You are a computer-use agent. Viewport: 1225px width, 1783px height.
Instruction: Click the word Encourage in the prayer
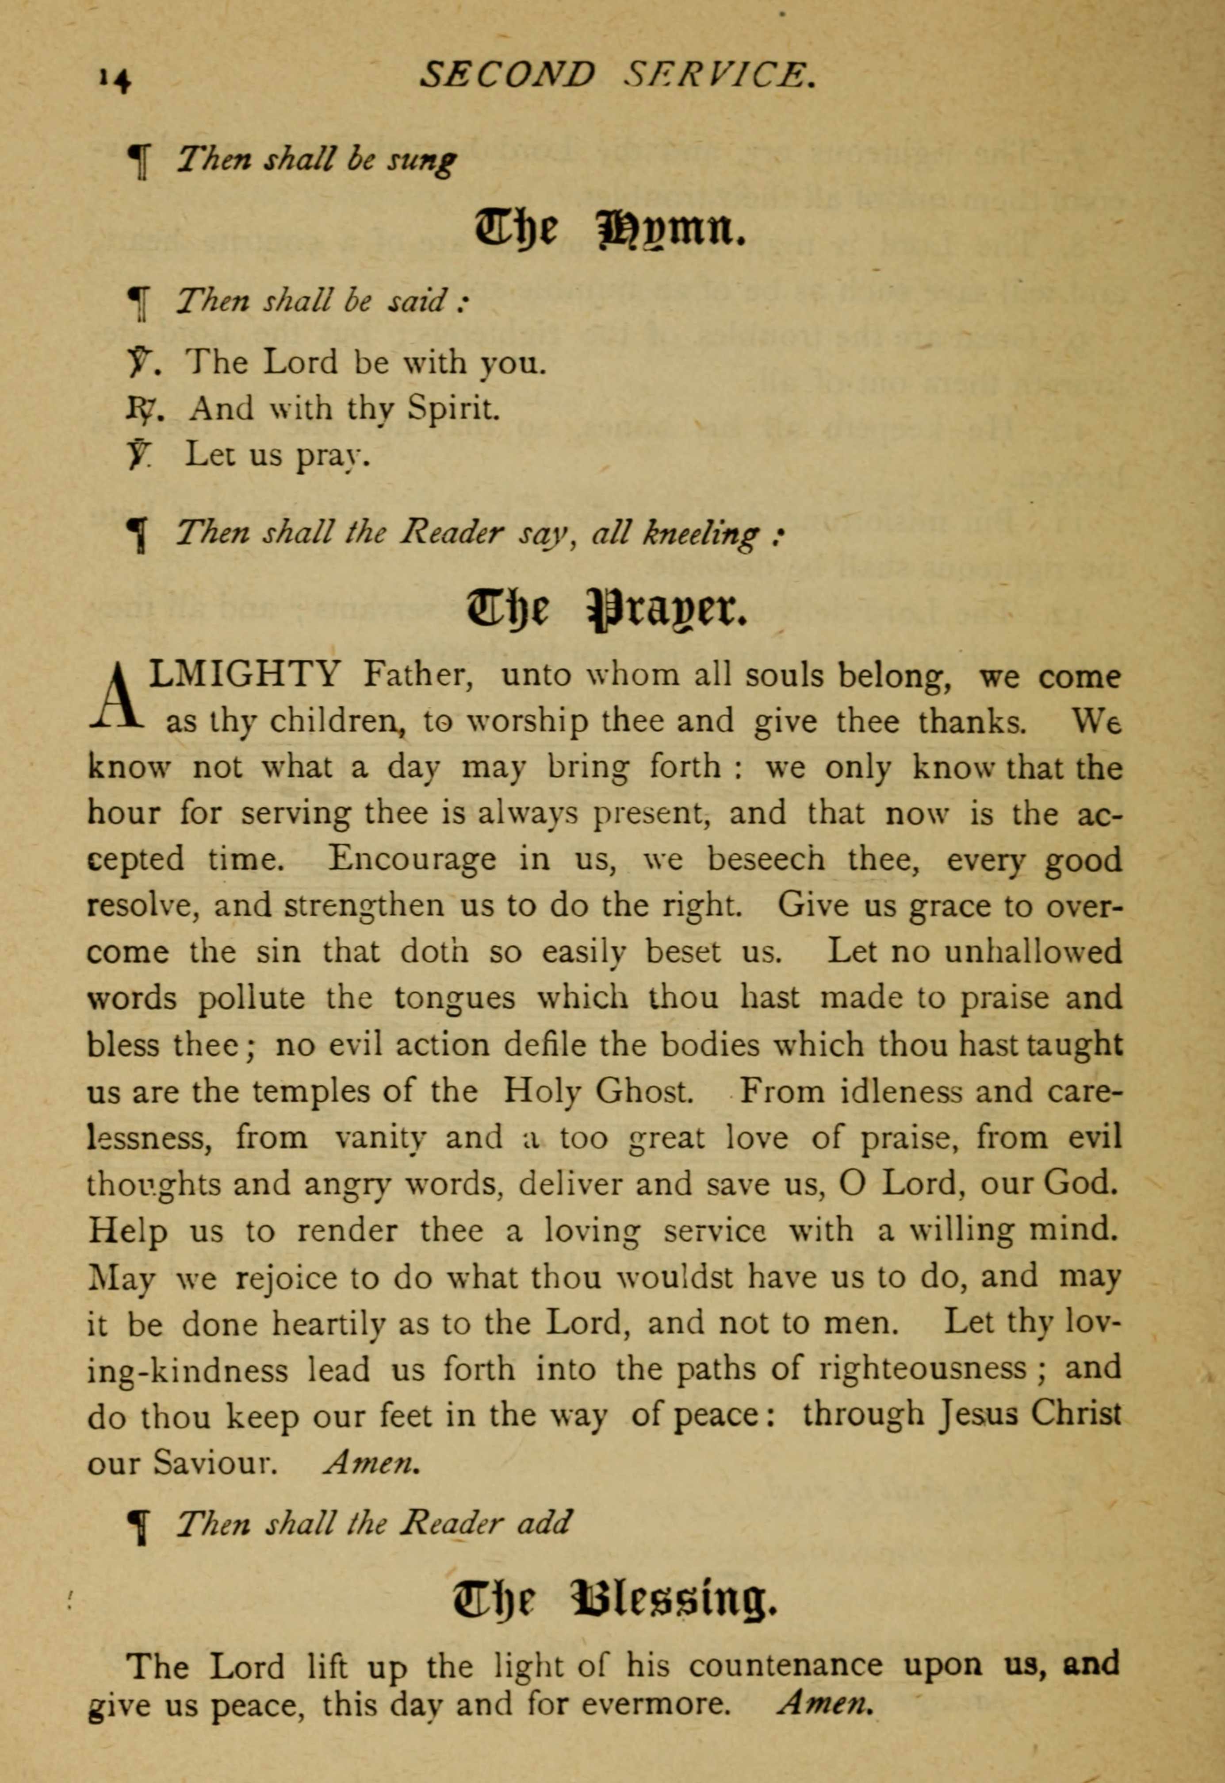pos(411,859)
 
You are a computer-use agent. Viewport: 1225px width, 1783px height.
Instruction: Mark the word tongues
pos(454,999)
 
